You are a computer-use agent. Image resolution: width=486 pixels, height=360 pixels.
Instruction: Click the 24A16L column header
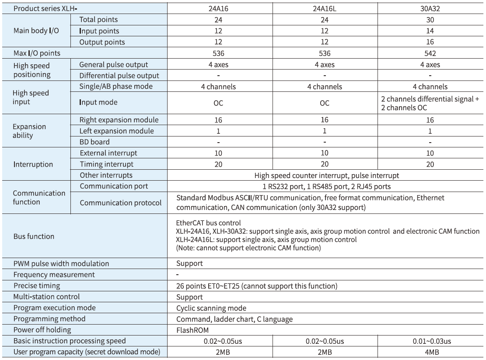click(324, 8)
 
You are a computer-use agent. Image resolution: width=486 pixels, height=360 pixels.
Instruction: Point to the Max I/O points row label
click(37, 53)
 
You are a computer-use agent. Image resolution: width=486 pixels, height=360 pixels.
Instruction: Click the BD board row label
click(94, 142)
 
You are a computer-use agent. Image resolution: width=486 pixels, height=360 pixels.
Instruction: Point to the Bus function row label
click(34, 237)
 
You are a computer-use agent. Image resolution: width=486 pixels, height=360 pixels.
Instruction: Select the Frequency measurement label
click(54, 275)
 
